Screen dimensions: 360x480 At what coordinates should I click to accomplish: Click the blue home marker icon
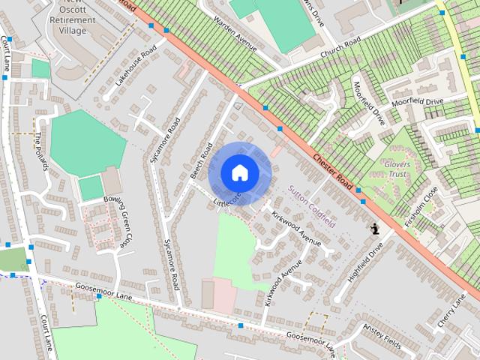(239, 172)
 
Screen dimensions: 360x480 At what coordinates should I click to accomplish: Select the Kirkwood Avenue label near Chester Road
(296, 229)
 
